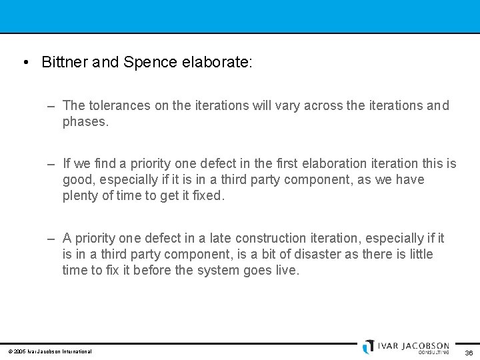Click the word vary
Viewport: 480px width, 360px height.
coord(287,105)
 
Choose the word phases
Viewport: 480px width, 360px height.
coord(85,121)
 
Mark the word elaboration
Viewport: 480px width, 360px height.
coord(337,163)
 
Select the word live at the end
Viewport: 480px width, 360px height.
coord(287,270)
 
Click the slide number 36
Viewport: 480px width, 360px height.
coord(469,353)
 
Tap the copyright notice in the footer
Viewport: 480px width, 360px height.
coord(50,351)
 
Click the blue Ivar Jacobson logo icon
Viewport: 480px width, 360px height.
coord(369,347)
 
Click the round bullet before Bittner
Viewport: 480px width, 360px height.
coord(25,63)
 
